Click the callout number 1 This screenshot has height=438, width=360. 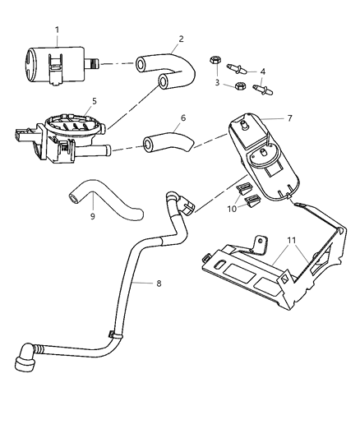[x=57, y=30]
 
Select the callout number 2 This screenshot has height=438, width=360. [x=180, y=39]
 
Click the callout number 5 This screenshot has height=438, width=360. [x=94, y=101]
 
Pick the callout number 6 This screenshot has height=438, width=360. [x=182, y=118]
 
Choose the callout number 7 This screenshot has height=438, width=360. [x=290, y=118]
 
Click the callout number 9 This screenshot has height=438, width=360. [x=92, y=216]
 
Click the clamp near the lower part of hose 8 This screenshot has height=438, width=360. [x=117, y=336]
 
